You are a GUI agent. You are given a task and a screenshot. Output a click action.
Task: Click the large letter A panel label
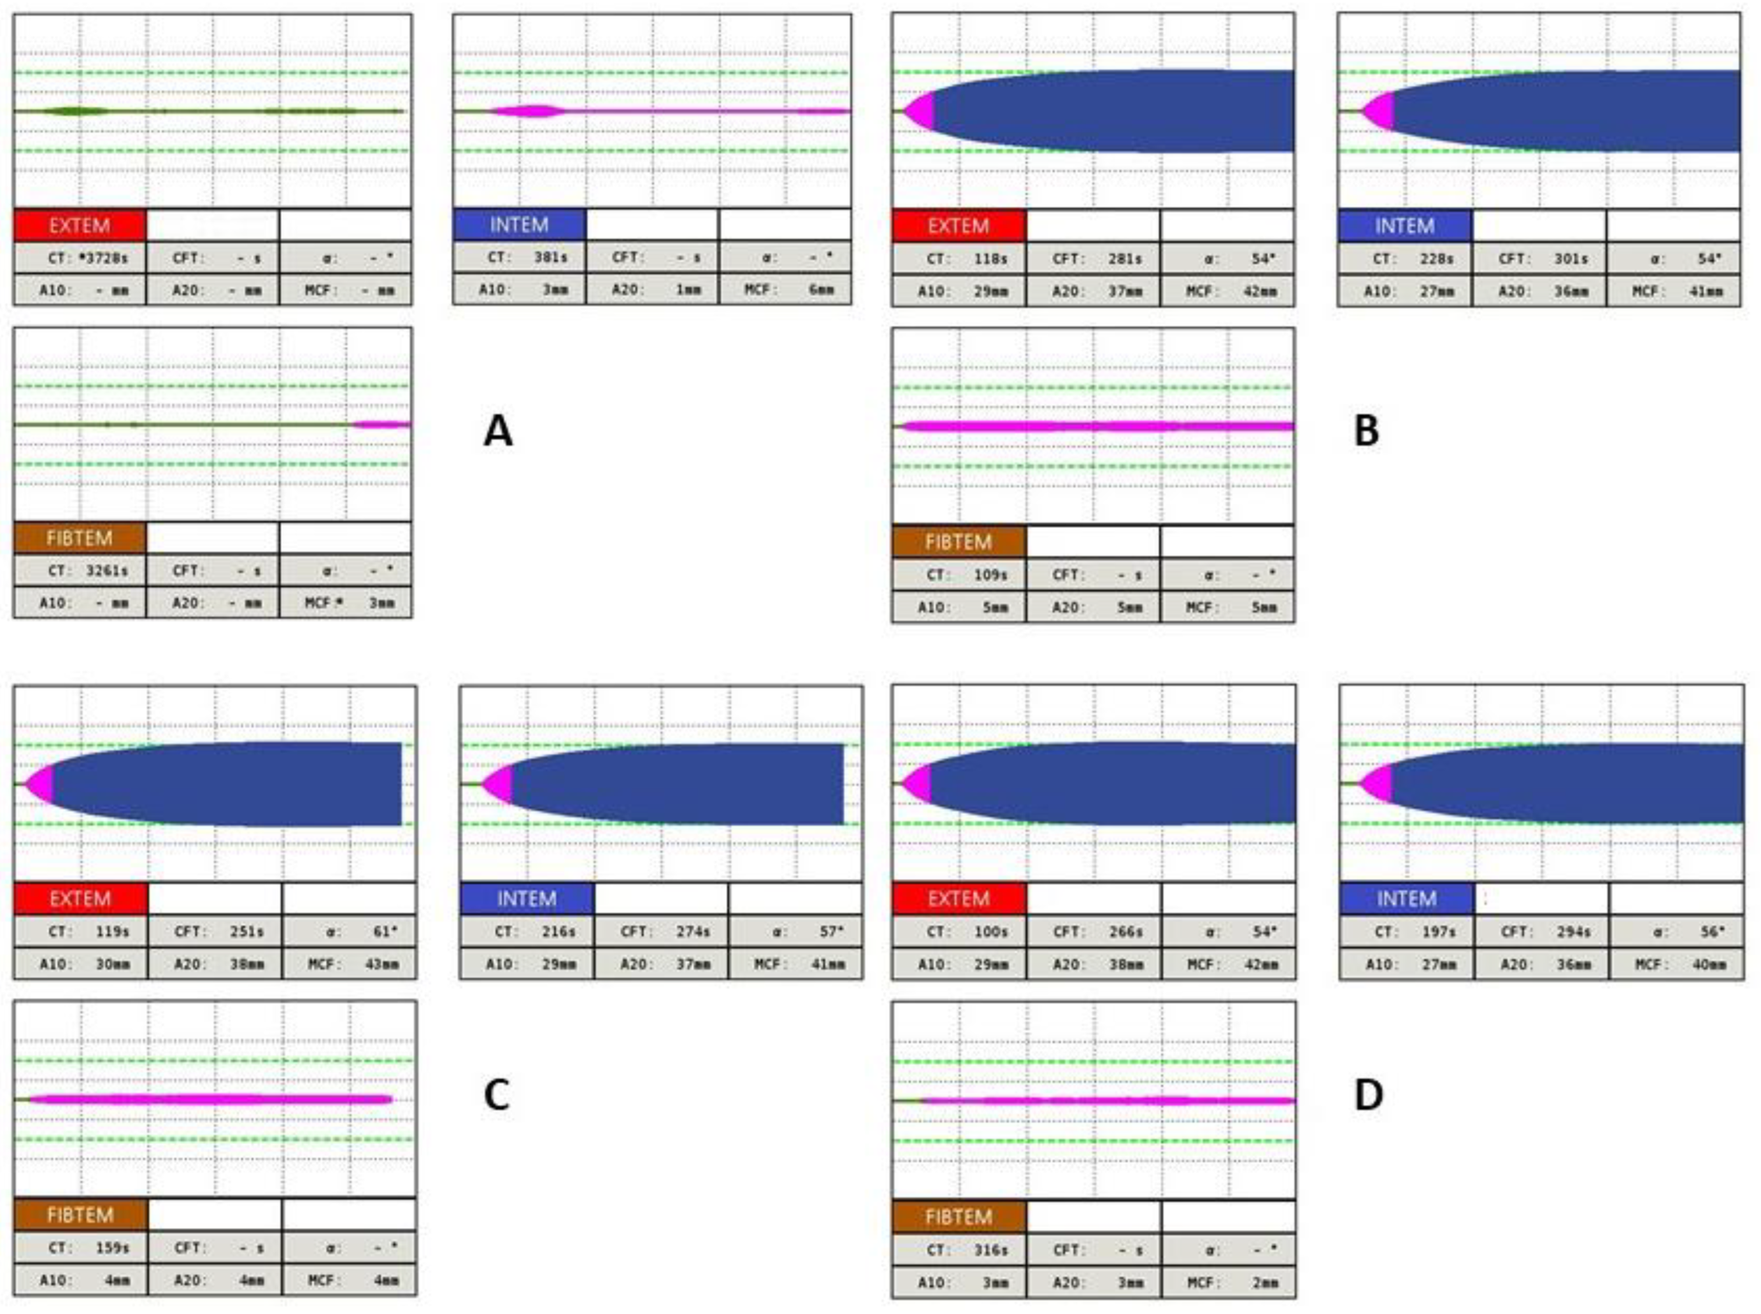[498, 432]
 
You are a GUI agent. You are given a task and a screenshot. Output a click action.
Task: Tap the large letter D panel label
[1368, 1095]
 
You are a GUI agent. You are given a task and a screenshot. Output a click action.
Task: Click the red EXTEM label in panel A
[80, 226]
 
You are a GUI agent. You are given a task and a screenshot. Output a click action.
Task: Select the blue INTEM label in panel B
[1404, 226]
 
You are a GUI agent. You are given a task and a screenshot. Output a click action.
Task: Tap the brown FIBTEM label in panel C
[80, 1215]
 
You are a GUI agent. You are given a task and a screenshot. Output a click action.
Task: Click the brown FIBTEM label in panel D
[958, 1217]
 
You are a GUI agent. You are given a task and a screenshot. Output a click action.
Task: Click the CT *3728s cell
[80, 258]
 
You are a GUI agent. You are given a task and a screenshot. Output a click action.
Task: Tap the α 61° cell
[349, 931]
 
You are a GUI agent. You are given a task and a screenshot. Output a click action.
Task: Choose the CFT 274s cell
[660, 931]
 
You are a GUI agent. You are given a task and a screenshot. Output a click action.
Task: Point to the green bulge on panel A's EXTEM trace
[76, 111]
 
